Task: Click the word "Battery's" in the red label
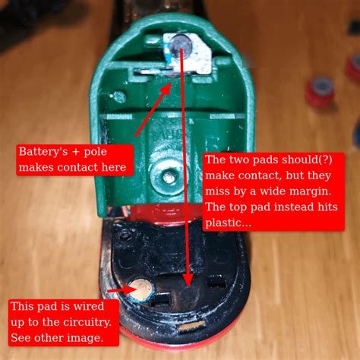[x=43, y=152]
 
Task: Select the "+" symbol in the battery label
[x=76, y=152]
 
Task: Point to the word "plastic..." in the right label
[x=228, y=223]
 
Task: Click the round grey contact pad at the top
[x=181, y=46]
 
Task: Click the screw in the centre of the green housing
[x=168, y=176]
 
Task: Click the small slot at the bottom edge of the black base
[x=191, y=327]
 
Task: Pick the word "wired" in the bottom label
[x=88, y=307]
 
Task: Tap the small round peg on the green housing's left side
[x=119, y=96]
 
